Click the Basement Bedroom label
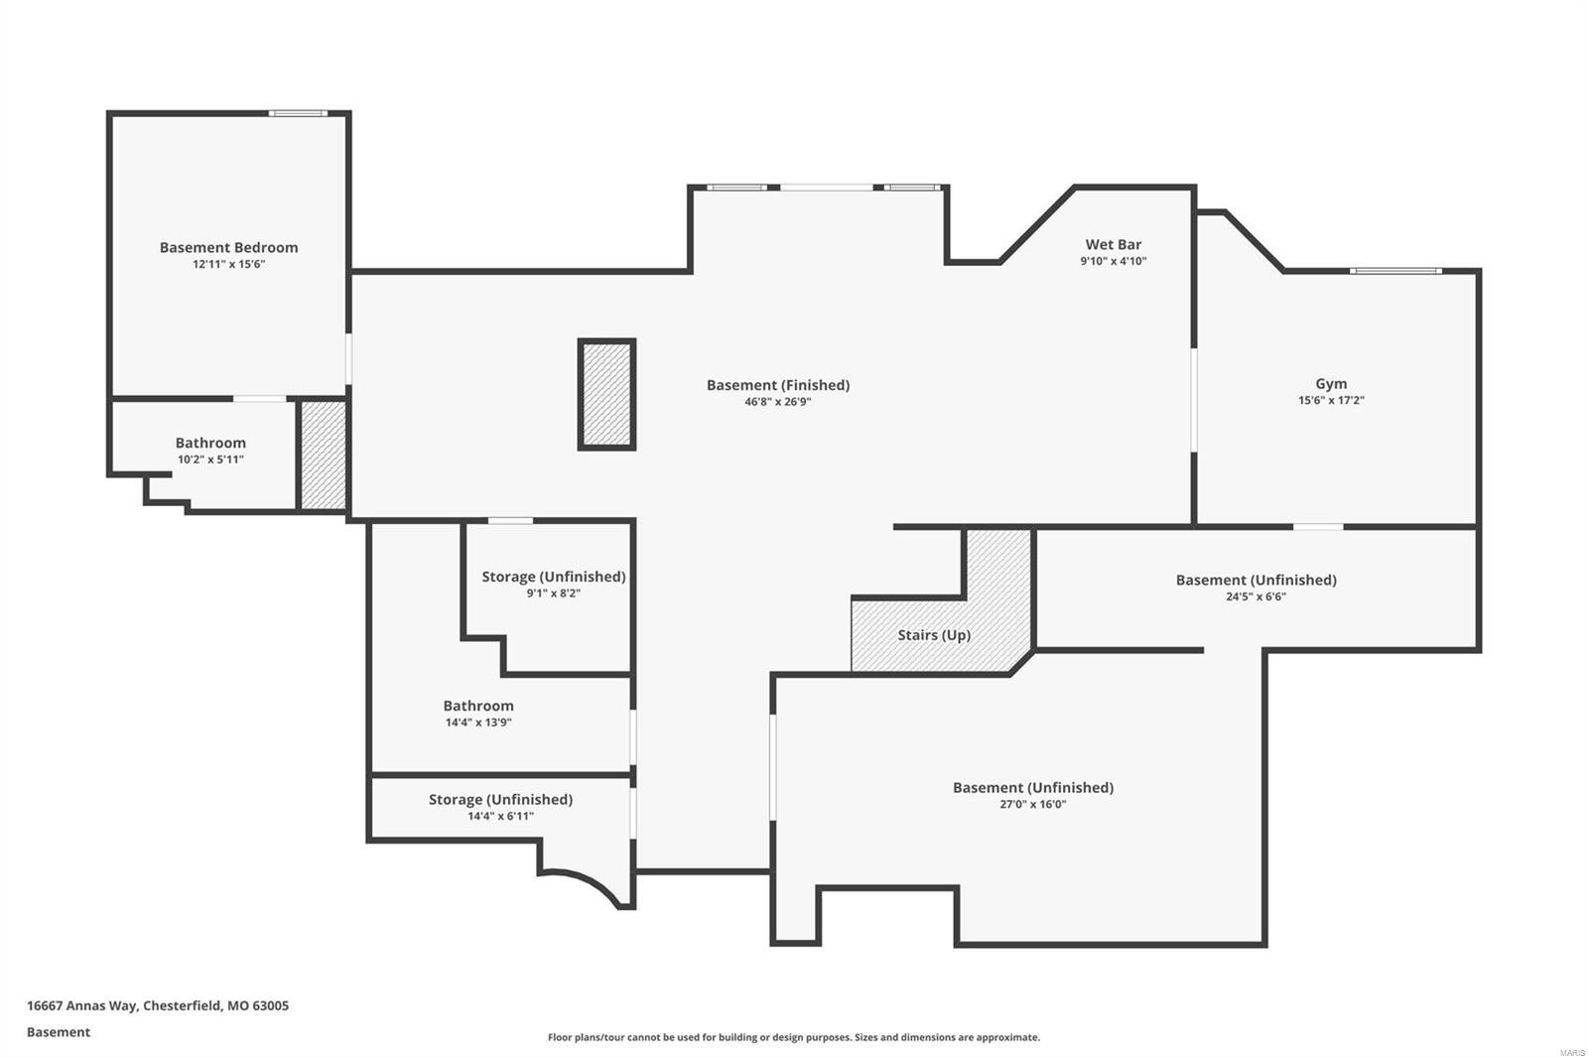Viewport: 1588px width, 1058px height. (228, 247)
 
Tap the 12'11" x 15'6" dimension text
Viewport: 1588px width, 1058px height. (228, 264)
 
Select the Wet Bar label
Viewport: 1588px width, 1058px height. (1113, 244)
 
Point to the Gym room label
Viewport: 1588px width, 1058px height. (1331, 383)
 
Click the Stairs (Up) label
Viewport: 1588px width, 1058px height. (934, 635)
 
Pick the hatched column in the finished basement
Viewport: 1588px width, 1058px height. (606, 394)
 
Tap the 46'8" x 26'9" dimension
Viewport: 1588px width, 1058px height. (778, 402)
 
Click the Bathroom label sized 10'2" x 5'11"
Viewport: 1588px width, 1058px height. (210, 443)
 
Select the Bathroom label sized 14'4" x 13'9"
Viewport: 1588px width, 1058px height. (478, 706)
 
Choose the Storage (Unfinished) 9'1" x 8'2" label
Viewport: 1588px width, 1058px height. (553, 577)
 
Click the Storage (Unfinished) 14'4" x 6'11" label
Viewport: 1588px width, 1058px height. (500, 799)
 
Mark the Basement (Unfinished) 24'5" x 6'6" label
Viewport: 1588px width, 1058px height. (1256, 580)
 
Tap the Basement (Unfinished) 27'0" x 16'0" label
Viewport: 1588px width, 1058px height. (1032, 787)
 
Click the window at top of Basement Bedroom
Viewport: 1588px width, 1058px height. (298, 113)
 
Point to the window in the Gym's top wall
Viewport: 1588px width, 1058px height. (1395, 271)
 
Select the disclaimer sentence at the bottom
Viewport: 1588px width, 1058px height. (793, 1037)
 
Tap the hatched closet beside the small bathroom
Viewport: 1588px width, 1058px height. (323, 456)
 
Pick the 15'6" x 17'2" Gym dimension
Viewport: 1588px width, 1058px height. (1331, 401)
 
